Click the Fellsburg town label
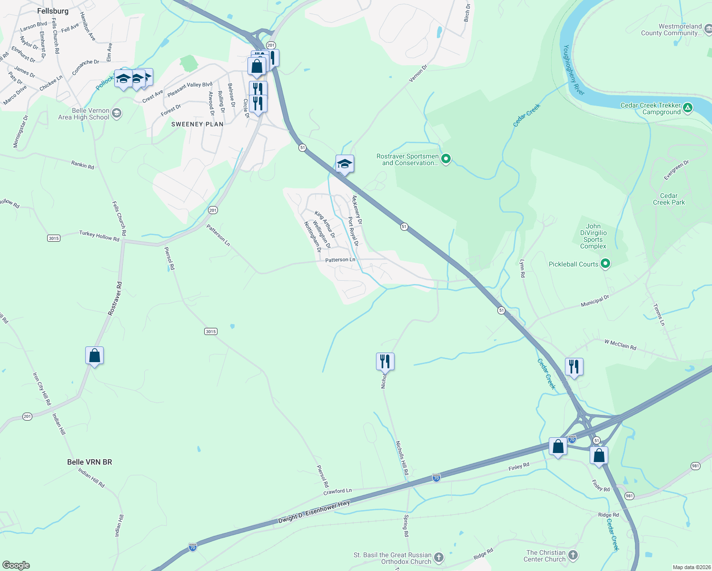pos(53,11)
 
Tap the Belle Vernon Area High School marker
pos(117,114)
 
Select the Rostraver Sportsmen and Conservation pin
pos(446,159)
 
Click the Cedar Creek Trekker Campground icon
pos(687,108)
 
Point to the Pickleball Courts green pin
pos(605,263)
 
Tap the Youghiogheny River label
pos(574,70)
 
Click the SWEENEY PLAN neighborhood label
pos(197,124)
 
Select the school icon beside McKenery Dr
pos(345,164)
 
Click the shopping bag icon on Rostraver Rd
pos(94,355)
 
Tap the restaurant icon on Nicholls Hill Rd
pos(385,362)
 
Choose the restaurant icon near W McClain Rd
pos(574,367)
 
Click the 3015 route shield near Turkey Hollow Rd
pos(54,238)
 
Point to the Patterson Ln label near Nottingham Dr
pos(340,260)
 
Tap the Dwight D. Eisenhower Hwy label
pos(314,512)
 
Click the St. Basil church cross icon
pos(438,557)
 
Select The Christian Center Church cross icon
pos(573,555)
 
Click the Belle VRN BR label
pos(89,462)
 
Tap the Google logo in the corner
pos(16,565)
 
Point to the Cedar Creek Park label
pos(669,199)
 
